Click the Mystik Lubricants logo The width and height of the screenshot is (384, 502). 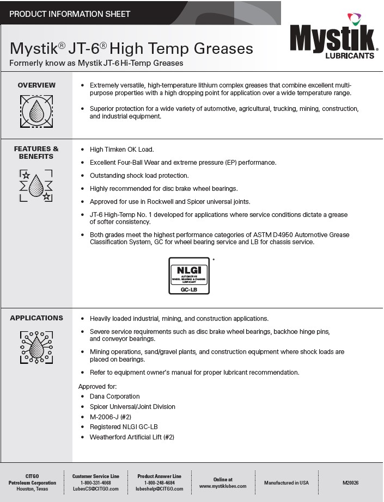click(332, 41)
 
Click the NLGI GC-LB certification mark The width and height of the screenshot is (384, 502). click(188, 276)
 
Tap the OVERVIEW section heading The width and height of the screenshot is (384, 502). click(36, 85)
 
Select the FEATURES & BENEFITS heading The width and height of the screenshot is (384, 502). click(36, 153)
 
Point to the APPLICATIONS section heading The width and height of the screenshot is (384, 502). click(36, 318)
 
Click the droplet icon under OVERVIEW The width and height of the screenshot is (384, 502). click(36, 111)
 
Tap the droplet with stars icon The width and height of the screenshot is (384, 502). click(36, 185)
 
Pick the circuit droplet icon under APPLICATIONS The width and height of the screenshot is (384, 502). click(36, 348)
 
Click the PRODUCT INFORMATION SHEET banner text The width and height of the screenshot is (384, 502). click(70, 14)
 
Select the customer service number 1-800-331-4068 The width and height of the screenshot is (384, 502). click(95, 483)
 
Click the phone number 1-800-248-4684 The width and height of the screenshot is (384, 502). click(160, 483)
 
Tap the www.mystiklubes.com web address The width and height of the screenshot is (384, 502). click(223, 486)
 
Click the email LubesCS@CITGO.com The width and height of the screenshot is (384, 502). click(95, 489)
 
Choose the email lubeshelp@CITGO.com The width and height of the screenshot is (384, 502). click(160, 489)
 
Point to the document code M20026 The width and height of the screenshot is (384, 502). click(351, 483)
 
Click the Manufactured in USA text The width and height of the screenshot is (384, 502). click(287, 483)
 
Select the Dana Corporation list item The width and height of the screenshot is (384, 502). click(115, 396)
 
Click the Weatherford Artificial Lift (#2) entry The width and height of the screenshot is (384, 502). click(132, 437)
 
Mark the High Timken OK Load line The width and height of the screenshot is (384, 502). click(121, 149)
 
